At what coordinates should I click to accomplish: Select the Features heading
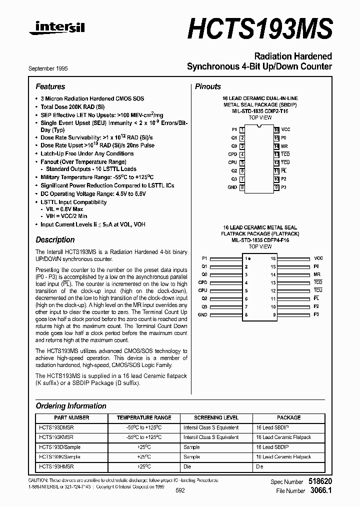(50, 86)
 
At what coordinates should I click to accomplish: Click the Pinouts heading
(208, 86)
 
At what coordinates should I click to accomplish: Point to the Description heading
(55, 239)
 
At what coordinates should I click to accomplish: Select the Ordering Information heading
(71, 406)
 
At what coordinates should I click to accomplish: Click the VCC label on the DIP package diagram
(285, 129)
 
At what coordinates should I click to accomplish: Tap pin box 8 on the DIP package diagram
(242, 187)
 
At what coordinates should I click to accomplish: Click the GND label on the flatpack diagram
(202, 314)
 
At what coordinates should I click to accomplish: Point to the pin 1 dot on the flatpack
(250, 258)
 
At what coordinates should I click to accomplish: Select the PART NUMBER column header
(71, 417)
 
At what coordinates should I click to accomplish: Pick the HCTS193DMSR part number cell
(56, 427)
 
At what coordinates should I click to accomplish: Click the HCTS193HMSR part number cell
(56, 466)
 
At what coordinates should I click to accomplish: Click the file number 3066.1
(320, 491)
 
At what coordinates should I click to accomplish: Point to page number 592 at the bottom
(180, 490)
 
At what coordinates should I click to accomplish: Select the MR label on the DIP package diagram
(284, 146)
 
